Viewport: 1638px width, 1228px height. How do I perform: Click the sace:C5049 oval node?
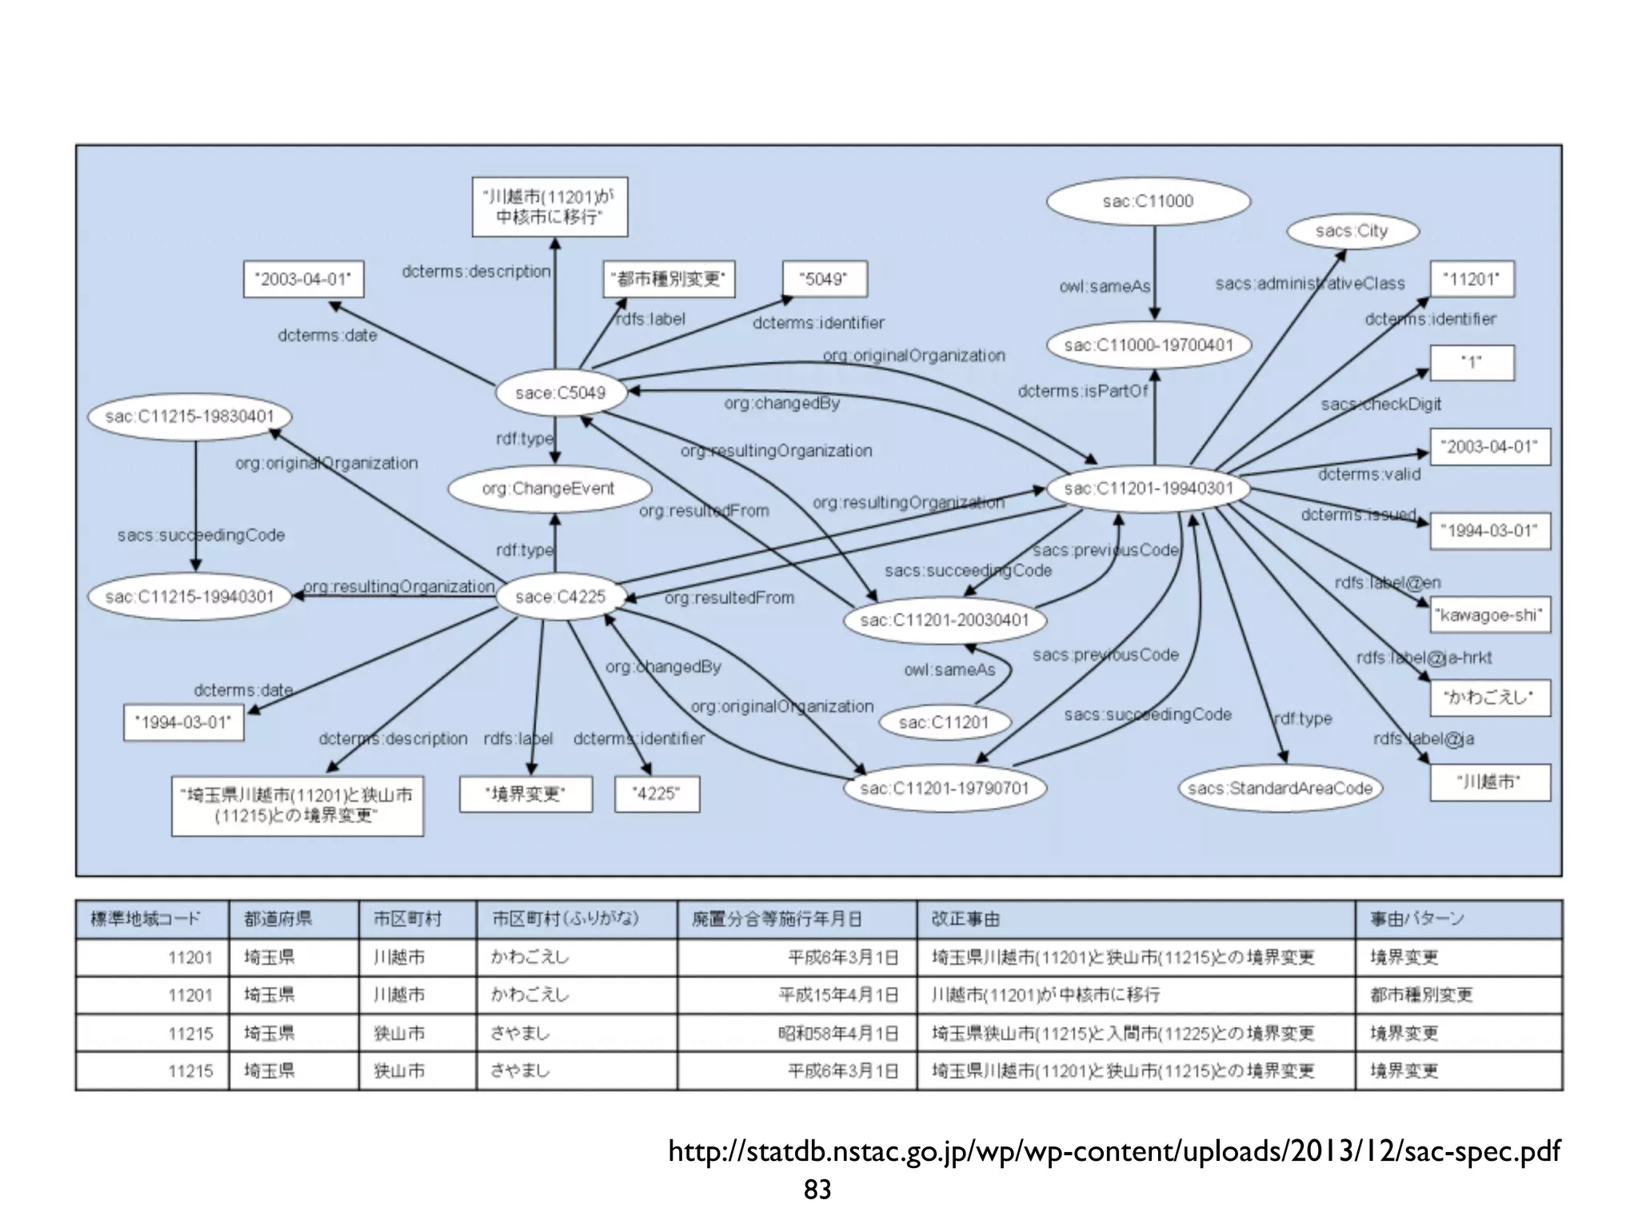coord(560,393)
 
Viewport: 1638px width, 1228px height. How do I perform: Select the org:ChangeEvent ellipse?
coord(549,488)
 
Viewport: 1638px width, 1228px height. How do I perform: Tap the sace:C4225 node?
coord(560,596)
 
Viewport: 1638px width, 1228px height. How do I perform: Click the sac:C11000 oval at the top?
coord(1148,201)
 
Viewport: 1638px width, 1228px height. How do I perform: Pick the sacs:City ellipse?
coord(1352,231)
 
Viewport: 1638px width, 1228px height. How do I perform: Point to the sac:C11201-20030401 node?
coord(945,620)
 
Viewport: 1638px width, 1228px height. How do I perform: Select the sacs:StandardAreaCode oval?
coord(1280,788)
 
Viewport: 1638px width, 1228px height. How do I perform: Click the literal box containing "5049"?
coord(824,279)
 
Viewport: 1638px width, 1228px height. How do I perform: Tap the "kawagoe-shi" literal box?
coord(1489,615)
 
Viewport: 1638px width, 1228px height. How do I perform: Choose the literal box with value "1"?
coord(1472,362)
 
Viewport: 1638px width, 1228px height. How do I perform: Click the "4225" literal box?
coord(657,794)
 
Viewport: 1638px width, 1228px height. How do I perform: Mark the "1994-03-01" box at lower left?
coord(183,723)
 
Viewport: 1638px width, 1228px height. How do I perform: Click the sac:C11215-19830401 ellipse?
coord(190,417)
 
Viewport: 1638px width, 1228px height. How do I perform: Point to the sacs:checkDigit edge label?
coord(1380,405)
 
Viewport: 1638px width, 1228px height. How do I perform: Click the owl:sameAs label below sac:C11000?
coord(1105,286)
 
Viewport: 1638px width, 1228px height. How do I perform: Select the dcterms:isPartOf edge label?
coord(1082,391)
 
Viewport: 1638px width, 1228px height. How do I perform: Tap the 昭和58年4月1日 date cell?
coord(838,1033)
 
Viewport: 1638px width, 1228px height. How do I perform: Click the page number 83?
coord(817,1190)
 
